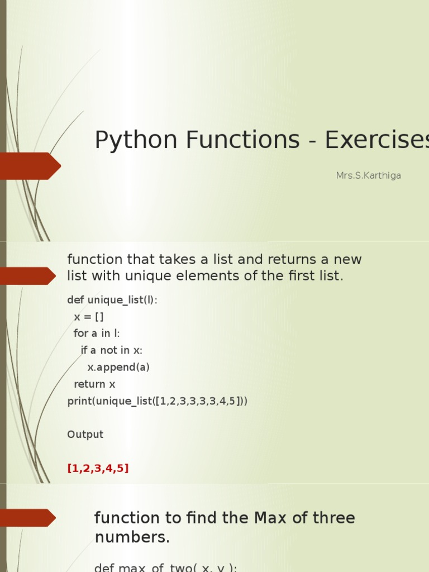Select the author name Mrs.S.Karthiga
(368, 175)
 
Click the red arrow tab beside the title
(28, 166)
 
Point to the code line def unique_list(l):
(112, 300)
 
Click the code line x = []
(89, 317)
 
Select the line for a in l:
(97, 333)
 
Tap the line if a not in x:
(112, 350)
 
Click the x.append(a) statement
(118, 367)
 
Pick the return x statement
(94, 384)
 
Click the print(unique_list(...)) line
(157, 401)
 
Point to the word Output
(85, 435)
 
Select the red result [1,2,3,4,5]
(98, 469)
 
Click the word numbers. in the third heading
(132, 537)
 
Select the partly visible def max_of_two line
(165, 567)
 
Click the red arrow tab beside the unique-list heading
(27, 276)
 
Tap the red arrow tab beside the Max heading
(27, 518)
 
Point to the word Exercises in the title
(376, 140)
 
